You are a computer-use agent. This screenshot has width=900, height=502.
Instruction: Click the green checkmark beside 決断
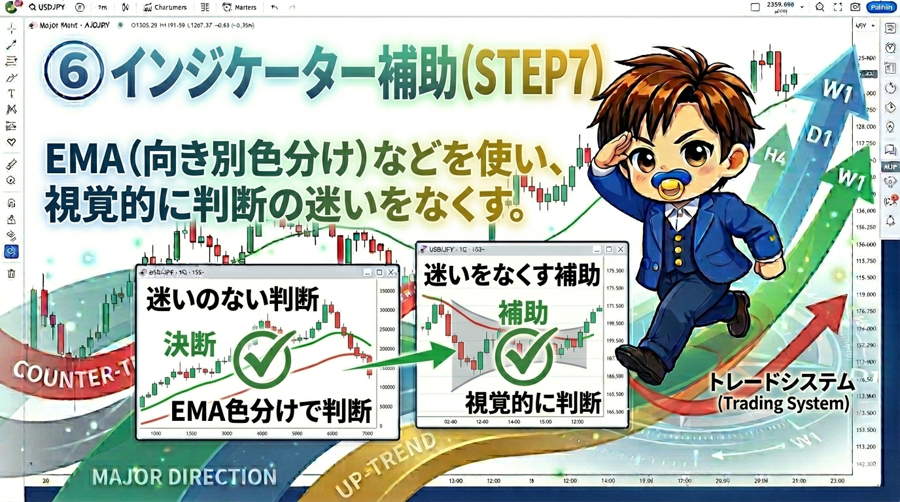(264, 359)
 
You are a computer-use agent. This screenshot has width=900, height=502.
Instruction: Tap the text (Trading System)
(783, 403)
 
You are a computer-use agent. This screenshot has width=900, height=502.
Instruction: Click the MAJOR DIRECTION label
(184, 477)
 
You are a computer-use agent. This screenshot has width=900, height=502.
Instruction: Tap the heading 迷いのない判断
(233, 300)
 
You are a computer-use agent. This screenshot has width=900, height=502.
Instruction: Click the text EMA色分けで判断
(271, 412)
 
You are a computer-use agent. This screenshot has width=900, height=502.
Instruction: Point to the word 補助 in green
(523, 314)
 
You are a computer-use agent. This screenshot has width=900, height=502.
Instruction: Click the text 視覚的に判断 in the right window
(532, 404)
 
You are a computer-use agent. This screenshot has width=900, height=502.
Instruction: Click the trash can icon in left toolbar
(11, 273)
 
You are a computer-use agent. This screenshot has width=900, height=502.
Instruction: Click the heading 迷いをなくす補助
(511, 276)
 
